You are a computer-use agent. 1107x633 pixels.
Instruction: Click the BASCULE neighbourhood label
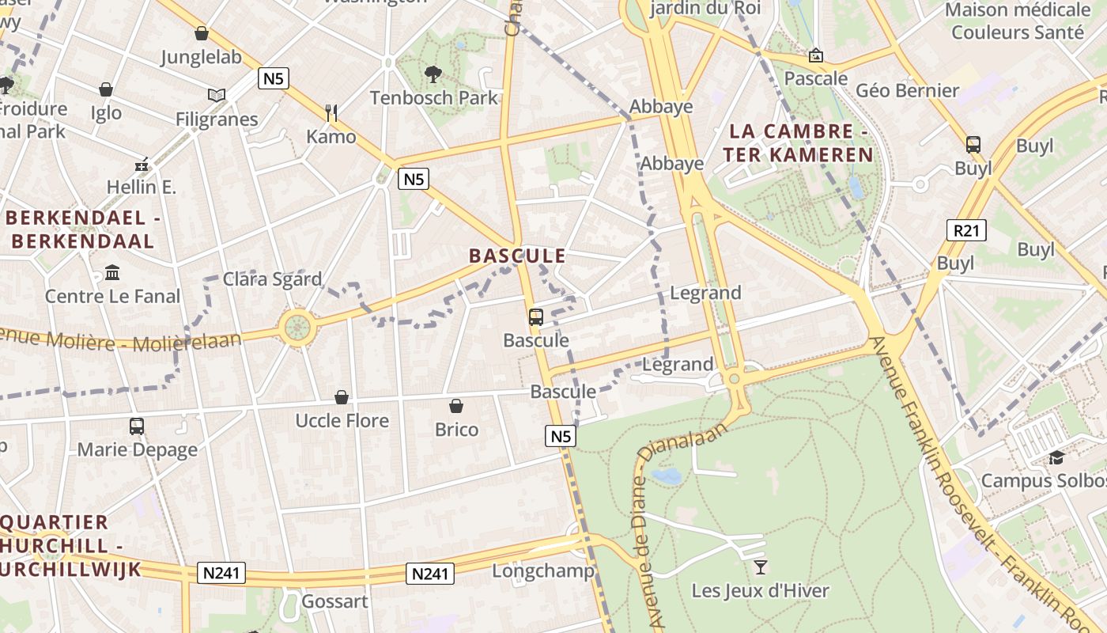pyautogui.click(x=517, y=256)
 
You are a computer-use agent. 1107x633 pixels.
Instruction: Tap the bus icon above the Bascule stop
pyautogui.click(x=535, y=317)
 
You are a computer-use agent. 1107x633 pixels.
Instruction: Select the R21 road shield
pyautogui.click(x=965, y=231)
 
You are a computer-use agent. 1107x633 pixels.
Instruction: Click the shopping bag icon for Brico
pyautogui.click(x=456, y=407)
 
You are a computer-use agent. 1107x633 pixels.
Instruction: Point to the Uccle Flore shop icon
pyautogui.click(x=342, y=397)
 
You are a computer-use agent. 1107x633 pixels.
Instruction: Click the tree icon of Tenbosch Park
pyautogui.click(x=433, y=74)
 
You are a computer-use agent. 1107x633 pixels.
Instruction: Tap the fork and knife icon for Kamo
pyautogui.click(x=331, y=113)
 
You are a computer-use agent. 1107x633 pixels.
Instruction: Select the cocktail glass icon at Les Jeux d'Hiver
pyautogui.click(x=760, y=567)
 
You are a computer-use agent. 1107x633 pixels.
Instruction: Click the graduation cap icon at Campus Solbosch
pyautogui.click(x=1056, y=457)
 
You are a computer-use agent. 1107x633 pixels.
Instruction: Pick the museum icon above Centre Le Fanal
pyautogui.click(x=112, y=273)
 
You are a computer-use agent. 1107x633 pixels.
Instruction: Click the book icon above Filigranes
pyautogui.click(x=217, y=96)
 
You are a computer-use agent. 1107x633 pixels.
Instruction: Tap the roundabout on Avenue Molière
pyautogui.click(x=297, y=327)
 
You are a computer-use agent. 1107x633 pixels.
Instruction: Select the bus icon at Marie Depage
pyautogui.click(x=137, y=426)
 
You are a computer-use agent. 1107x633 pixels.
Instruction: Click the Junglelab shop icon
pyautogui.click(x=202, y=33)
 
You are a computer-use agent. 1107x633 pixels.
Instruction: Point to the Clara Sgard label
pyautogui.click(x=272, y=279)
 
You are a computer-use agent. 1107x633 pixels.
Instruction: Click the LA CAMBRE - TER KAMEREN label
pyautogui.click(x=799, y=143)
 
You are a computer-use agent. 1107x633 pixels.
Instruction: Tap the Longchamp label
pyautogui.click(x=542, y=570)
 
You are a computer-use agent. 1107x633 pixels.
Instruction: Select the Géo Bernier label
pyautogui.click(x=907, y=90)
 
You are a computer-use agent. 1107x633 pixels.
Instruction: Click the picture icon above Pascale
pyautogui.click(x=815, y=55)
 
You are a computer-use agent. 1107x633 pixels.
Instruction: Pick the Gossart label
pyautogui.click(x=334, y=601)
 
